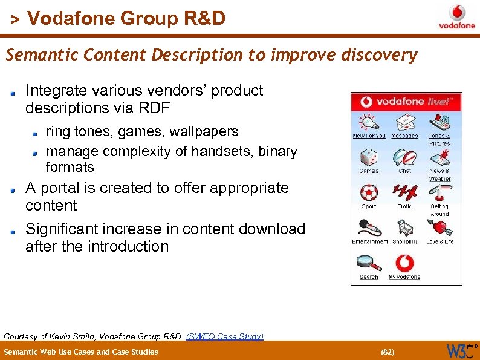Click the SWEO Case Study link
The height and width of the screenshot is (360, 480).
tap(225, 336)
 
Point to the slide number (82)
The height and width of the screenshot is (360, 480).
tap(387, 352)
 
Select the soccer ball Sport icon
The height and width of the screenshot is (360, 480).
tap(369, 193)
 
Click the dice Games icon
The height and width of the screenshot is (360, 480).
tap(369, 159)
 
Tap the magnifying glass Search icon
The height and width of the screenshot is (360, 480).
tap(368, 263)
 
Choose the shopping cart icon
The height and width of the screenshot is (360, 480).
tap(404, 228)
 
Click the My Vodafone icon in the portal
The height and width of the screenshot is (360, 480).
tap(404, 263)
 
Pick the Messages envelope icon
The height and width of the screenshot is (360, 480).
tap(404, 123)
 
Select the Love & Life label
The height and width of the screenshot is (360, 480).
tap(439, 241)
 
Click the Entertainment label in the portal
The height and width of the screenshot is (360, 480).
tap(370, 241)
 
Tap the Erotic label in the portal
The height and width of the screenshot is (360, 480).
tap(404, 206)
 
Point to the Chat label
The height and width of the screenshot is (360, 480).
tap(404, 171)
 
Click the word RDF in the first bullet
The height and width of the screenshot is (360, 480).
tap(155, 108)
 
